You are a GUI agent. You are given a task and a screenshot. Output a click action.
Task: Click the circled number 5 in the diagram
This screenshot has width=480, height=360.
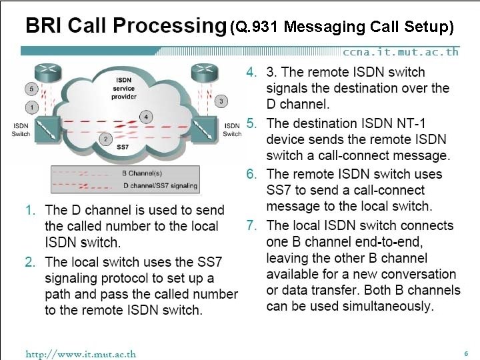pos(31,89)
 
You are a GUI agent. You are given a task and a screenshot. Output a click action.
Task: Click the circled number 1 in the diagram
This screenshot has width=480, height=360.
pos(31,107)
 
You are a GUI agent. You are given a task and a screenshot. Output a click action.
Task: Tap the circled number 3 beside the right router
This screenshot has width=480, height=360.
pos(222,101)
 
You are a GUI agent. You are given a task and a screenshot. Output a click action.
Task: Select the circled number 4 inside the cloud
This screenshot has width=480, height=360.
pos(147,118)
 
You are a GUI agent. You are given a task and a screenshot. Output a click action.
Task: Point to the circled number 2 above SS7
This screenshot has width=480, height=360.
pos(105,139)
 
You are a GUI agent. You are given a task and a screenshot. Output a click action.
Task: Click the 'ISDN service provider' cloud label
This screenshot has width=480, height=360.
pos(123,89)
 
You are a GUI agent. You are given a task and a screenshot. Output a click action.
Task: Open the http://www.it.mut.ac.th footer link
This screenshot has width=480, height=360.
pos(81,353)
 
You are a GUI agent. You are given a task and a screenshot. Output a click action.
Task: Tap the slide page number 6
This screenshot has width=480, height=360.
pos(466,353)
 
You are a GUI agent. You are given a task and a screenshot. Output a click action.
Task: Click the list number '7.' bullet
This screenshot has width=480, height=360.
pos(251,225)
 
